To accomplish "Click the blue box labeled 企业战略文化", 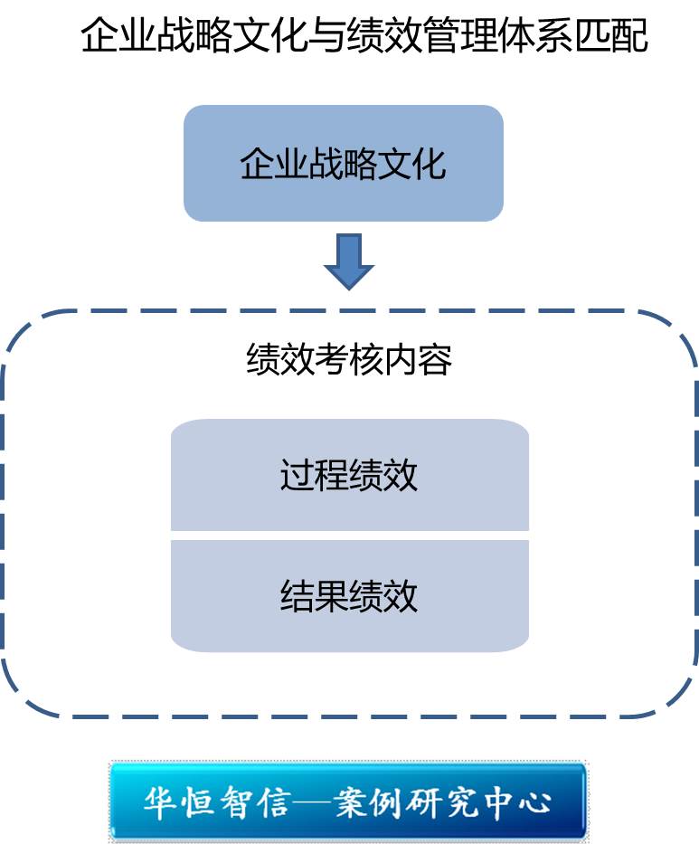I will [344, 163].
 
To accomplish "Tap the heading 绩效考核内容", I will [349, 360].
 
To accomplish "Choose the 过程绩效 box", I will [349, 475].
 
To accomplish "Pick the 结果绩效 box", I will [349, 595].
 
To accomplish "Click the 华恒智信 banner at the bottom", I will [348, 801].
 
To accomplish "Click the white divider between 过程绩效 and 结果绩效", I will [349, 536].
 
